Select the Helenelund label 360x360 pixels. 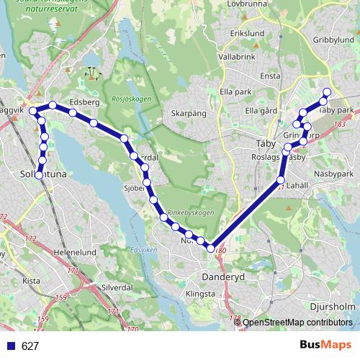74,253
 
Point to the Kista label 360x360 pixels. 31,281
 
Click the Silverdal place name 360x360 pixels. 117,286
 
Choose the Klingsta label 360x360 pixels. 200,294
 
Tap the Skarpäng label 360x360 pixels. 189,113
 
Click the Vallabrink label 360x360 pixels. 237,55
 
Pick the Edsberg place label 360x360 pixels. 85,102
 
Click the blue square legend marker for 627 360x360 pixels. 10,346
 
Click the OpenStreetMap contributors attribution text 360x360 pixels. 297,323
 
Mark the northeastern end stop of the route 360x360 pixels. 326,91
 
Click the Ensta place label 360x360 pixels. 271,76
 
